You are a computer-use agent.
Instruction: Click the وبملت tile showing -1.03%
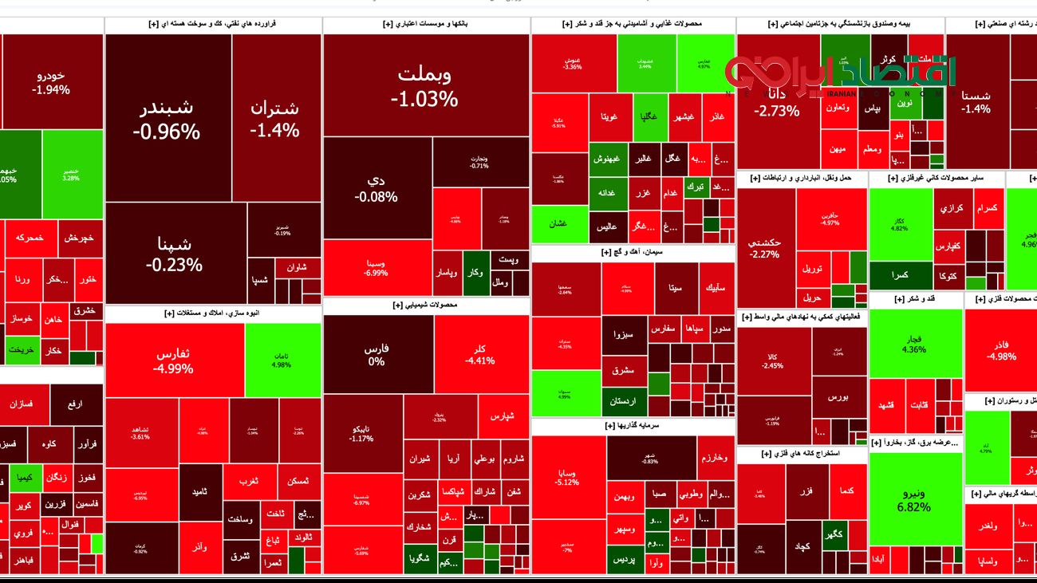click(x=424, y=86)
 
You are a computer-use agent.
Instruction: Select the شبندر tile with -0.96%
click(x=167, y=120)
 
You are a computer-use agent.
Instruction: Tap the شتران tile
click(x=274, y=118)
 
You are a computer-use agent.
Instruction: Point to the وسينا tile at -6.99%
click(x=377, y=267)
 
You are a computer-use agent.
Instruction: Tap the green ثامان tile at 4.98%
click(x=282, y=360)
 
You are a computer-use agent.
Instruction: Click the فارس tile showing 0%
click(x=377, y=355)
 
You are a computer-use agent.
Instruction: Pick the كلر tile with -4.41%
click(x=480, y=355)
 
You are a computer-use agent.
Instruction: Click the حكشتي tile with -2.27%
click(x=764, y=248)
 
